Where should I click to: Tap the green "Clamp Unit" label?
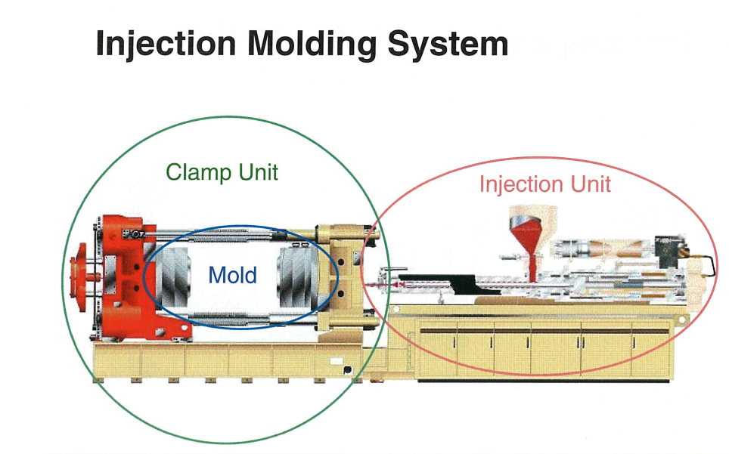[x=222, y=171]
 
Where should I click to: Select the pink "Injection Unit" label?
[x=544, y=184]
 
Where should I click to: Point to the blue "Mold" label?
[x=233, y=275]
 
